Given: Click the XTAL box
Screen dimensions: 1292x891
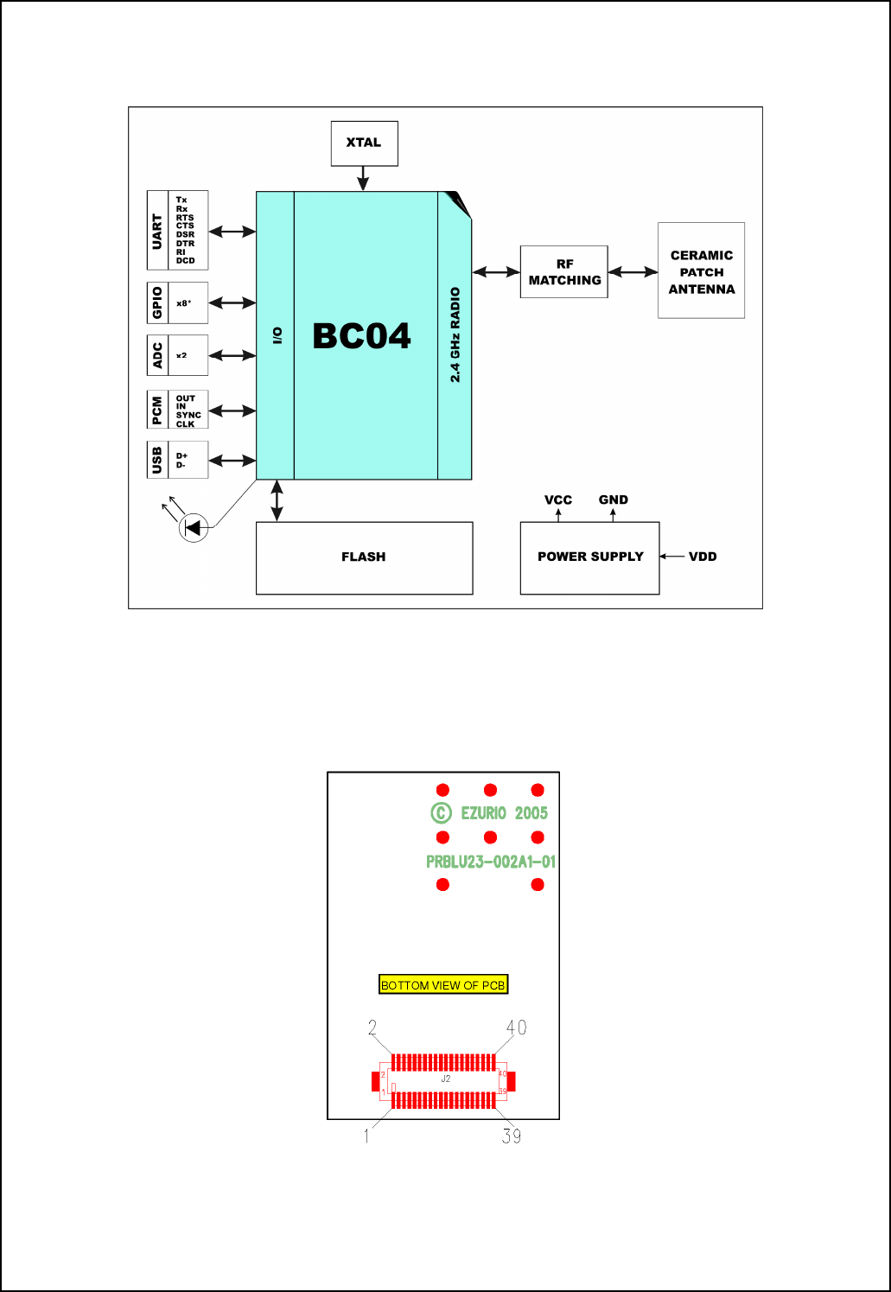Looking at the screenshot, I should [364, 143].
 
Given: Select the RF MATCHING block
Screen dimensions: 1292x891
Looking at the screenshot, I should [564, 272].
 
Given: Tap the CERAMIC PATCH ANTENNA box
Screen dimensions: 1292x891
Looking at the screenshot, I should [701, 271].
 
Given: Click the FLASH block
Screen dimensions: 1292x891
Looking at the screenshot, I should [364, 557].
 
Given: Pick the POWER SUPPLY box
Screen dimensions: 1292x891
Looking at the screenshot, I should [589, 557].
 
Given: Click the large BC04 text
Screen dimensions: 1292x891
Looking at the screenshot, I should [361, 336].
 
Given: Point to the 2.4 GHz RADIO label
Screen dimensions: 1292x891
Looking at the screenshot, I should [455, 334].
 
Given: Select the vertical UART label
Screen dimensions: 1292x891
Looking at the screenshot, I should [157, 231].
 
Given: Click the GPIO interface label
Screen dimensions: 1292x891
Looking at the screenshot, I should [157, 302].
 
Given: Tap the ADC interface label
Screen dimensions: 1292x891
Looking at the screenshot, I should [157, 355].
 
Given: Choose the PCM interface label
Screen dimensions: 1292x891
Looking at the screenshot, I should [157, 411].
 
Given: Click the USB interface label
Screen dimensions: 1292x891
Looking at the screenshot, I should [157, 460].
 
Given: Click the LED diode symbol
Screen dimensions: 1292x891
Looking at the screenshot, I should [194, 526].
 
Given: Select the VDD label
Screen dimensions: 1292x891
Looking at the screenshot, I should [703, 557].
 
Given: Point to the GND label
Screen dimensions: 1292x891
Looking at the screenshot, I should [614, 500].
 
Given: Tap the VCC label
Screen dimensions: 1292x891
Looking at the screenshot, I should [558, 500].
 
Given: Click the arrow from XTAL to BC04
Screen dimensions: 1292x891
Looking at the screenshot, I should [363, 178].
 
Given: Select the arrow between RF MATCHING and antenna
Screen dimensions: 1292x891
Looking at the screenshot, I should [633, 272].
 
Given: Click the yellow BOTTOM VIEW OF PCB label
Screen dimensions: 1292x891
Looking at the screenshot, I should [443, 985].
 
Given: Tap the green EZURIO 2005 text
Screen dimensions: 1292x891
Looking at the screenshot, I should [504, 813].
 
